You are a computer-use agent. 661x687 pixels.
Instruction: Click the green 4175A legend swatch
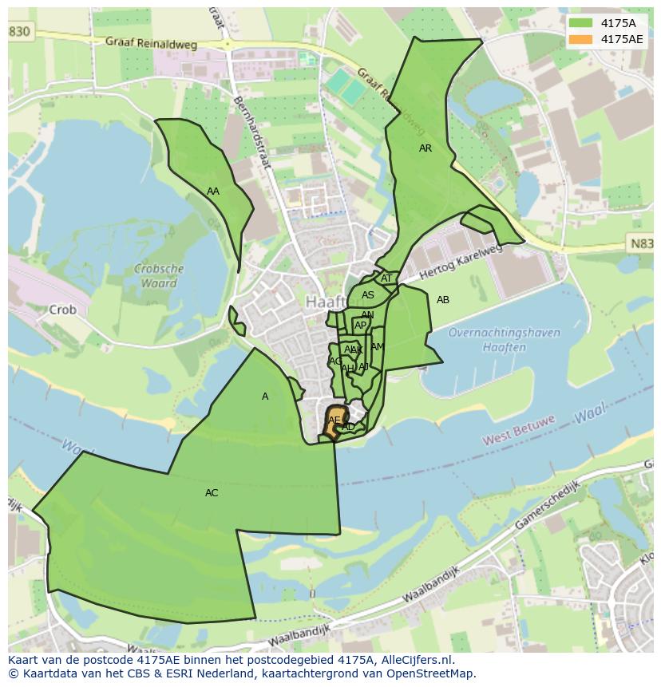tap(580, 22)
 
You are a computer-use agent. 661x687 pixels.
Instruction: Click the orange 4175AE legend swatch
tap(580, 39)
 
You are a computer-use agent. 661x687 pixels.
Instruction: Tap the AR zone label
tap(425, 148)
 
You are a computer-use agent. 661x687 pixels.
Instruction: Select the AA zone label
tap(213, 191)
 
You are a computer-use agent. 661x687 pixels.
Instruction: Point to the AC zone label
tap(212, 493)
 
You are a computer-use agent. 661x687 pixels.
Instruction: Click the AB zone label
tap(443, 300)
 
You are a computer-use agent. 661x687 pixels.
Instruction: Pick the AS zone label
tap(367, 295)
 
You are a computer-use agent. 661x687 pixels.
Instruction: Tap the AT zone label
tap(386, 278)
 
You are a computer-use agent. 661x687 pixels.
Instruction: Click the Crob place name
tap(62, 310)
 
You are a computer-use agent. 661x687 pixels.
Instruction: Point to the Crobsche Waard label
tap(159, 276)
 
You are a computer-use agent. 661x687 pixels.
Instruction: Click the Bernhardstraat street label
tap(252, 132)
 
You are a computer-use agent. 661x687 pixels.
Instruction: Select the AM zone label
tap(378, 347)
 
